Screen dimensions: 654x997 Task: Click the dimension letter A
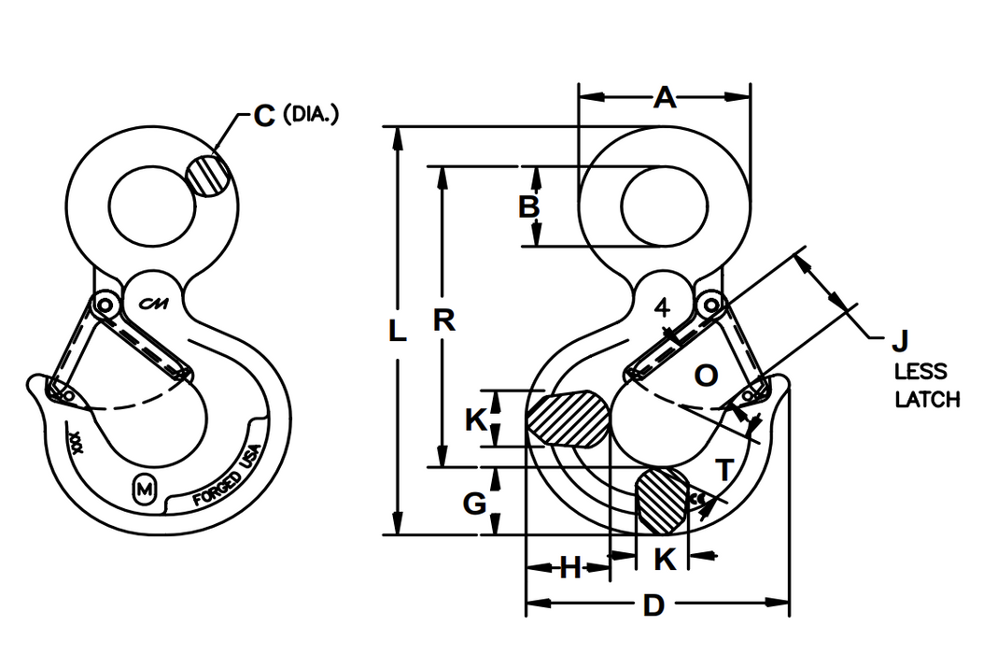point(664,95)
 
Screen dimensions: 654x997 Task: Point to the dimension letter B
point(529,206)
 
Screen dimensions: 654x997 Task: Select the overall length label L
point(398,332)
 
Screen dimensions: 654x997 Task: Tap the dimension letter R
point(444,320)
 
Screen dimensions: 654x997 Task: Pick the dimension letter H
point(570,566)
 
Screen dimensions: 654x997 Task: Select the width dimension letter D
point(653,606)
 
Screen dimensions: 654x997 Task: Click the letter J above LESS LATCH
point(901,340)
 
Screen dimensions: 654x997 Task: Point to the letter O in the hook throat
point(707,376)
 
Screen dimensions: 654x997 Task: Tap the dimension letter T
point(723,470)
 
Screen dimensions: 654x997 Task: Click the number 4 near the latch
point(661,308)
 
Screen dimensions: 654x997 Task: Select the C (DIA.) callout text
point(297,116)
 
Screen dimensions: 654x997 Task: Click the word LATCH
point(927,400)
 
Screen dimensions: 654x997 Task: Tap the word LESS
point(920,371)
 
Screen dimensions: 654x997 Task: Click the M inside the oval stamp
point(145,489)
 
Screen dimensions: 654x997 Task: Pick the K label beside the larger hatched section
point(476,421)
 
